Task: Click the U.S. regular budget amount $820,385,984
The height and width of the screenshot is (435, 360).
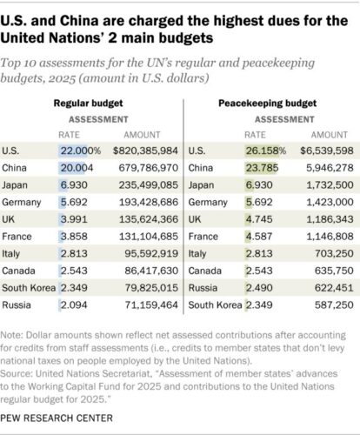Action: point(145,151)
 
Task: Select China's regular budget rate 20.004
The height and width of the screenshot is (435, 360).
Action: point(77,168)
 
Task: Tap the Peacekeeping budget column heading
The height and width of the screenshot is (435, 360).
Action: point(267,104)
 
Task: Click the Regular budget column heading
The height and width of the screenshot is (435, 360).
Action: point(88,104)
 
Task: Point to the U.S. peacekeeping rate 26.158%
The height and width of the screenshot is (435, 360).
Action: point(266,151)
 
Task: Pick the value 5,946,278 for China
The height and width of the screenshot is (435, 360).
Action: point(330,168)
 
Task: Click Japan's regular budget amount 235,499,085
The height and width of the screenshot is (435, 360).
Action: point(149,185)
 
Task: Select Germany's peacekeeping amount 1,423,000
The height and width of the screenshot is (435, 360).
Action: point(330,202)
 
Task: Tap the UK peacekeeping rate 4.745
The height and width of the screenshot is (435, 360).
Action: point(259,219)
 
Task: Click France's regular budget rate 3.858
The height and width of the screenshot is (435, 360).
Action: point(74,237)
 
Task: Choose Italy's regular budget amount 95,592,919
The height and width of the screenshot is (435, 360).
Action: point(151,253)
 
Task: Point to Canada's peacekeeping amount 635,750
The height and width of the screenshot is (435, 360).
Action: point(334,271)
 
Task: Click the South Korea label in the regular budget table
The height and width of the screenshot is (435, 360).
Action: point(29,288)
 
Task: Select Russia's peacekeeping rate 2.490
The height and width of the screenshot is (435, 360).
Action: point(259,288)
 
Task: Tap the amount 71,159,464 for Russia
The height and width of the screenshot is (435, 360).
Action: point(151,304)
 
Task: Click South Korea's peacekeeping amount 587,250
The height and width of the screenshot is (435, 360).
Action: point(334,304)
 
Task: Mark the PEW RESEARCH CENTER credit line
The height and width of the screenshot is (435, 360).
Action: point(57,418)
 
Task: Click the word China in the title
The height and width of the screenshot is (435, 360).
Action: point(78,21)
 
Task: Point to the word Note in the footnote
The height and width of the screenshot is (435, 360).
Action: point(11,335)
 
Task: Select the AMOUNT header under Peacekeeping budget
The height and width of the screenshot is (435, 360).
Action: point(330,135)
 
